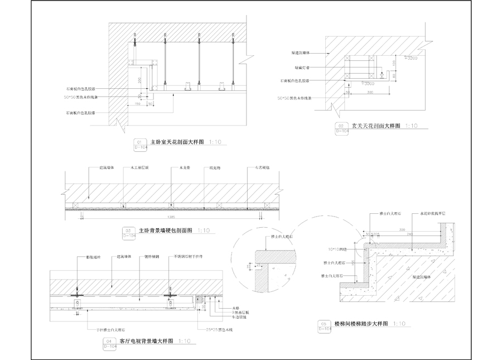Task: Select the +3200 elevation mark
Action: point(411,58)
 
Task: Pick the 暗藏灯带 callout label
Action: point(303,68)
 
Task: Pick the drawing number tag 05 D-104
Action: point(324,326)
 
